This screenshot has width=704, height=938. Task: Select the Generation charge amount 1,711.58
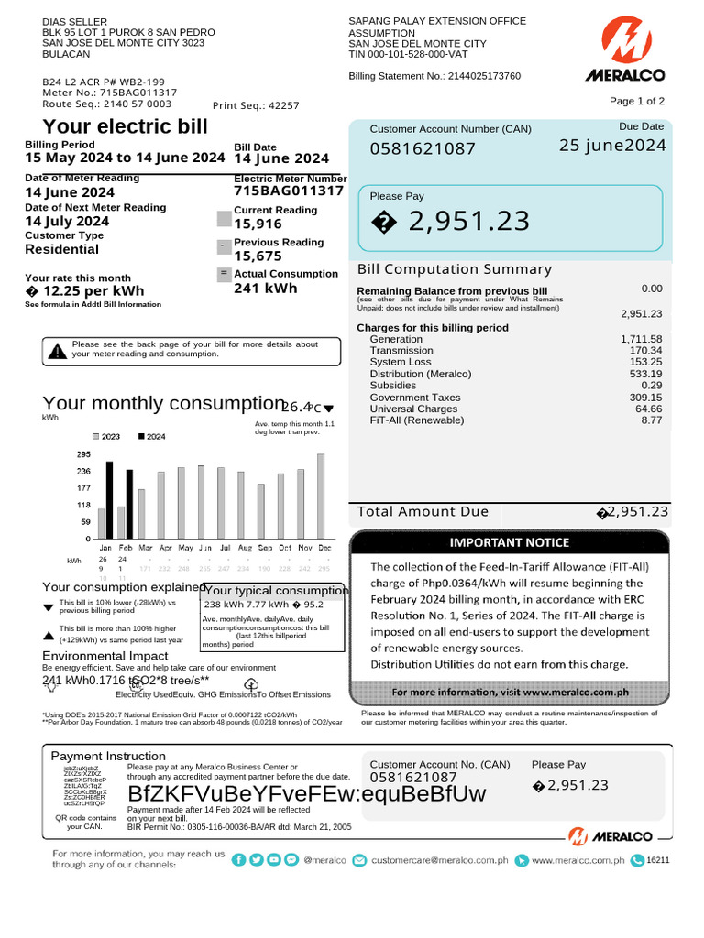click(641, 340)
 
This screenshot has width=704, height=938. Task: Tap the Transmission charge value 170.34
click(645, 351)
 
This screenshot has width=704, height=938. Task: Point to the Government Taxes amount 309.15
click(645, 398)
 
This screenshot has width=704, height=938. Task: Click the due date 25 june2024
click(612, 146)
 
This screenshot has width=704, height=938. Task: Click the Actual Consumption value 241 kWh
click(266, 289)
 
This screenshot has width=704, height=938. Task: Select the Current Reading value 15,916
click(258, 224)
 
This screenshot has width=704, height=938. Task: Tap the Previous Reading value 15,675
click(258, 256)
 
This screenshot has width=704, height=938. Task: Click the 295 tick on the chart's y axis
click(82, 454)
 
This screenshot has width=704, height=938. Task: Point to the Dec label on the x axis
click(324, 548)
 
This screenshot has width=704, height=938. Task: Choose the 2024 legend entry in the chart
click(151, 437)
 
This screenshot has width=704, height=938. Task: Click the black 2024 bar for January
click(110, 499)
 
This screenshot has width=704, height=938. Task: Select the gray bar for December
click(321, 496)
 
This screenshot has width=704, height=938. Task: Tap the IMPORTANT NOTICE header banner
click(509, 542)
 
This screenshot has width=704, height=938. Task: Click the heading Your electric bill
click(126, 126)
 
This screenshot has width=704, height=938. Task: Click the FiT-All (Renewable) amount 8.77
click(651, 420)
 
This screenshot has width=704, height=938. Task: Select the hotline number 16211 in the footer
click(658, 860)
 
